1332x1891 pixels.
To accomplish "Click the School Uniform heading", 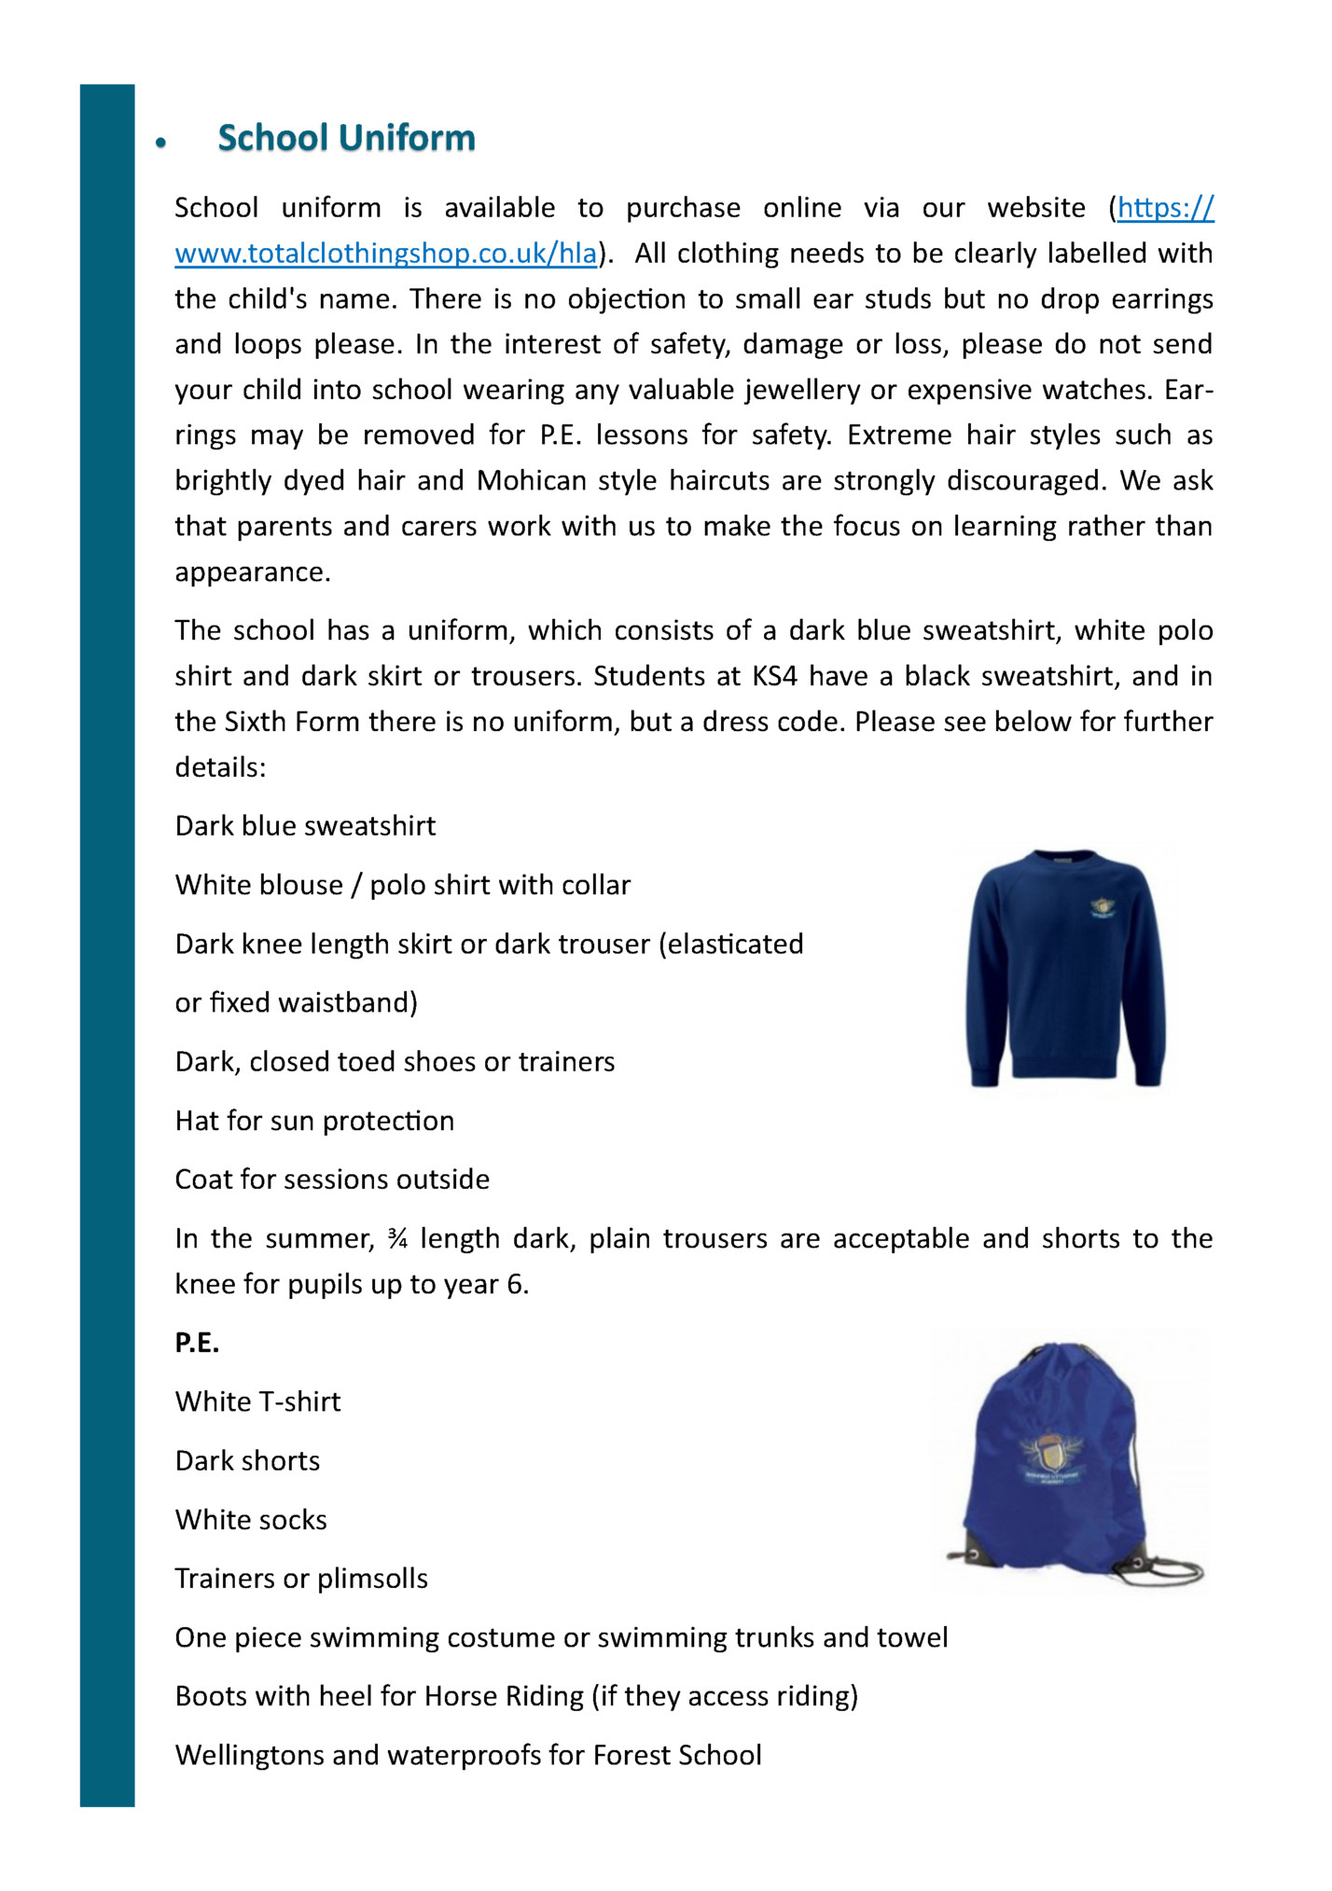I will click(x=346, y=138).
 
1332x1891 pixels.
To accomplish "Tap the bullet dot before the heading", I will click(x=161, y=142).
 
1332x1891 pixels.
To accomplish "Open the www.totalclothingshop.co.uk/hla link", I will click(x=385, y=254).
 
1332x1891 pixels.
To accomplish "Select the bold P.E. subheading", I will click(x=197, y=1343).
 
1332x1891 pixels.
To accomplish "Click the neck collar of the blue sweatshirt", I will click(x=1064, y=857).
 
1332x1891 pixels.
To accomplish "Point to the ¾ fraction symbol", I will click(x=397, y=1238).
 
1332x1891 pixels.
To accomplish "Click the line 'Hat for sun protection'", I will click(x=314, y=1121).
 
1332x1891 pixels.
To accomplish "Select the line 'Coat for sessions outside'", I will click(x=332, y=1180).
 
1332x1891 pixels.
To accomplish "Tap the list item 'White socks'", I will click(x=251, y=1520).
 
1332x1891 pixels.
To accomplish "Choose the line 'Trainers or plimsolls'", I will click(x=301, y=1579).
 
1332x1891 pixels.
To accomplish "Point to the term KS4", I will click(x=774, y=676).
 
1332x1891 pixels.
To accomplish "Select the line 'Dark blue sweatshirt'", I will click(x=305, y=826).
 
